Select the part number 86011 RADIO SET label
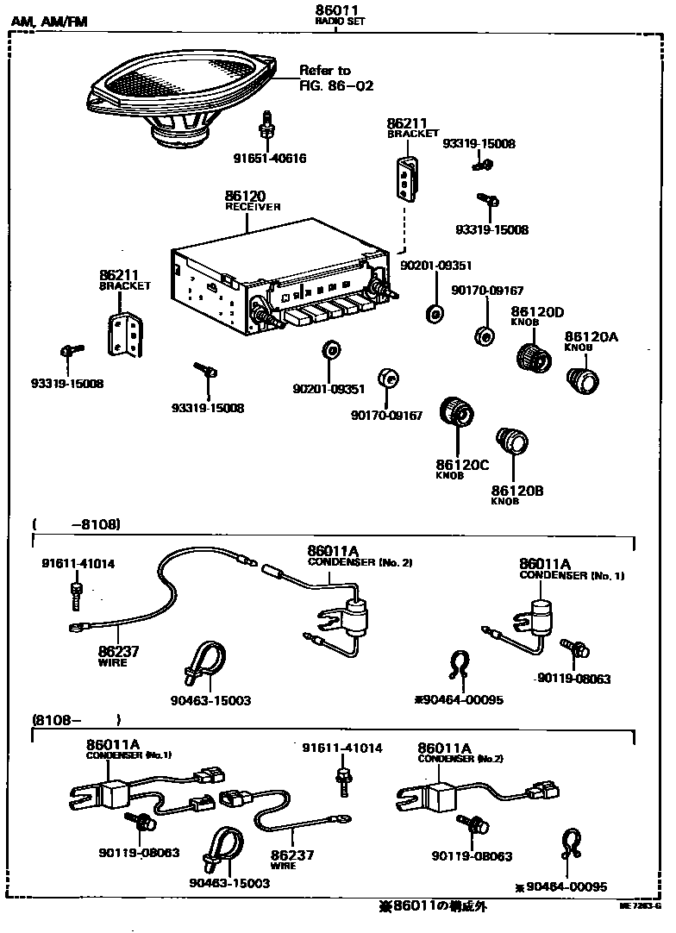coord(339,15)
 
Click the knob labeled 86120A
coord(582,379)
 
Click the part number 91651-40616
coord(269,158)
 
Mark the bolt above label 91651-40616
coord(267,127)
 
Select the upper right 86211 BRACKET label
coord(407,128)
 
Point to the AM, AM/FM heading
coord(49,22)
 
